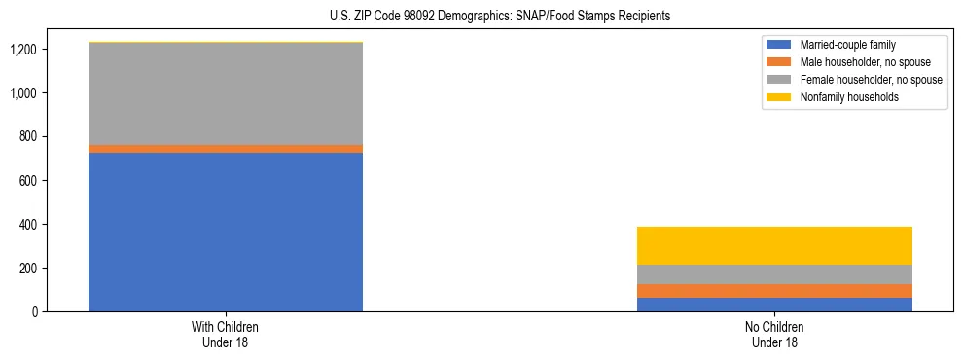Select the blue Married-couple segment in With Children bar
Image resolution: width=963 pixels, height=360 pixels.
click(x=226, y=232)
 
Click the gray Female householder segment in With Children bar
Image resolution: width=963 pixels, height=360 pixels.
click(x=226, y=93)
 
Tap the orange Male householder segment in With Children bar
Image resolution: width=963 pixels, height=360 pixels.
click(x=226, y=149)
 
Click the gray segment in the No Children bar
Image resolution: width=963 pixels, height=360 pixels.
click(x=774, y=274)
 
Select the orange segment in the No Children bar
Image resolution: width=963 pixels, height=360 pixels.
click(x=774, y=291)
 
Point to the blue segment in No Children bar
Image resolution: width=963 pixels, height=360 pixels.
click(x=774, y=305)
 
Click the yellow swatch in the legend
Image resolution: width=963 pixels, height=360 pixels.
click(x=779, y=97)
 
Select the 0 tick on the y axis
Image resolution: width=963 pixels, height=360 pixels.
click(x=34, y=312)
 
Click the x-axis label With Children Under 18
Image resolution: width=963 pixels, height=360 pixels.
click(x=226, y=335)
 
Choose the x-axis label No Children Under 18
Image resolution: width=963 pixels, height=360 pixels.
click(x=774, y=335)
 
